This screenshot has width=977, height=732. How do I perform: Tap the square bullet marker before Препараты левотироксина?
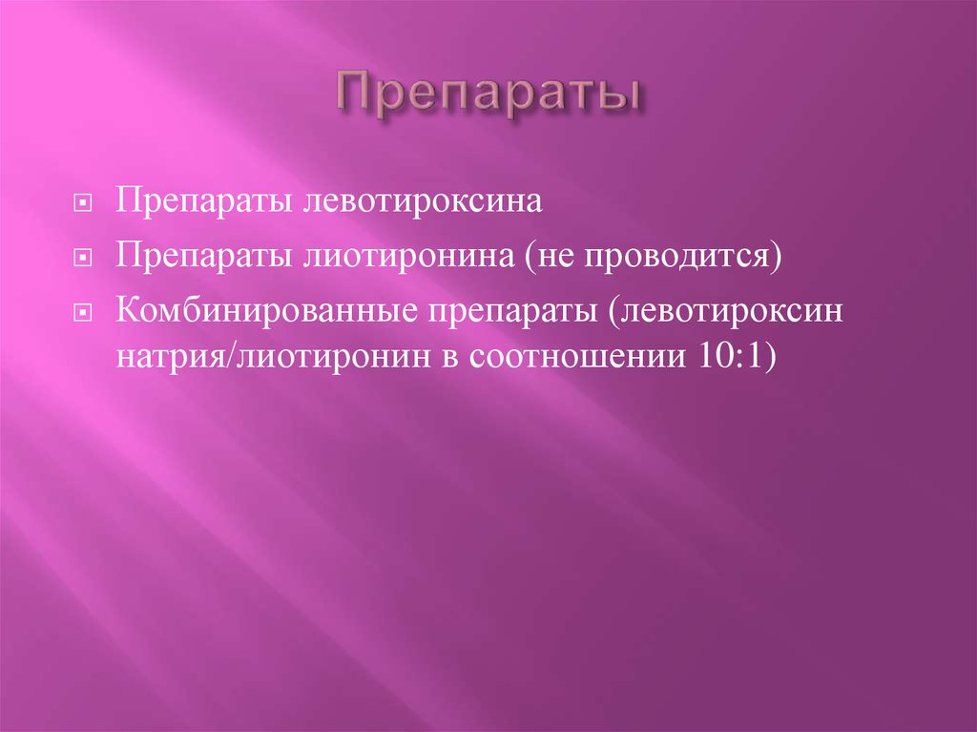(84, 204)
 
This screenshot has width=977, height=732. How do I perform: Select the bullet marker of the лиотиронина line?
(84, 259)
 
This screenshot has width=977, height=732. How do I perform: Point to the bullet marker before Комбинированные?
(84, 313)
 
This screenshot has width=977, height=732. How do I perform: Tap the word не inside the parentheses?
(555, 257)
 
